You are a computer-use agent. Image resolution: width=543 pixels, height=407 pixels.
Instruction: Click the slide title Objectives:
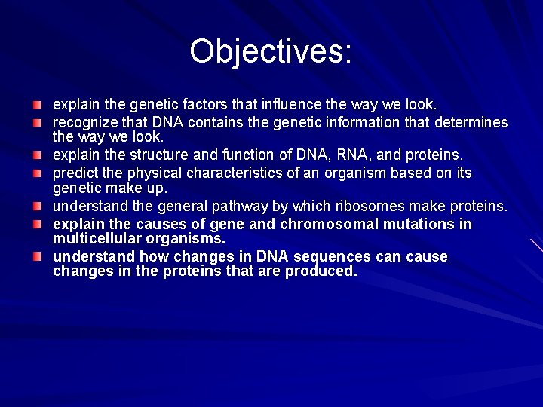pyautogui.click(x=271, y=51)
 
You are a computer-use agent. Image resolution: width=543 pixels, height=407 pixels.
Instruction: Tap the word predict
pyautogui.click(x=75, y=173)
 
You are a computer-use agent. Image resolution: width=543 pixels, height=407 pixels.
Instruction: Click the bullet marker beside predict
pyautogui.click(x=37, y=173)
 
